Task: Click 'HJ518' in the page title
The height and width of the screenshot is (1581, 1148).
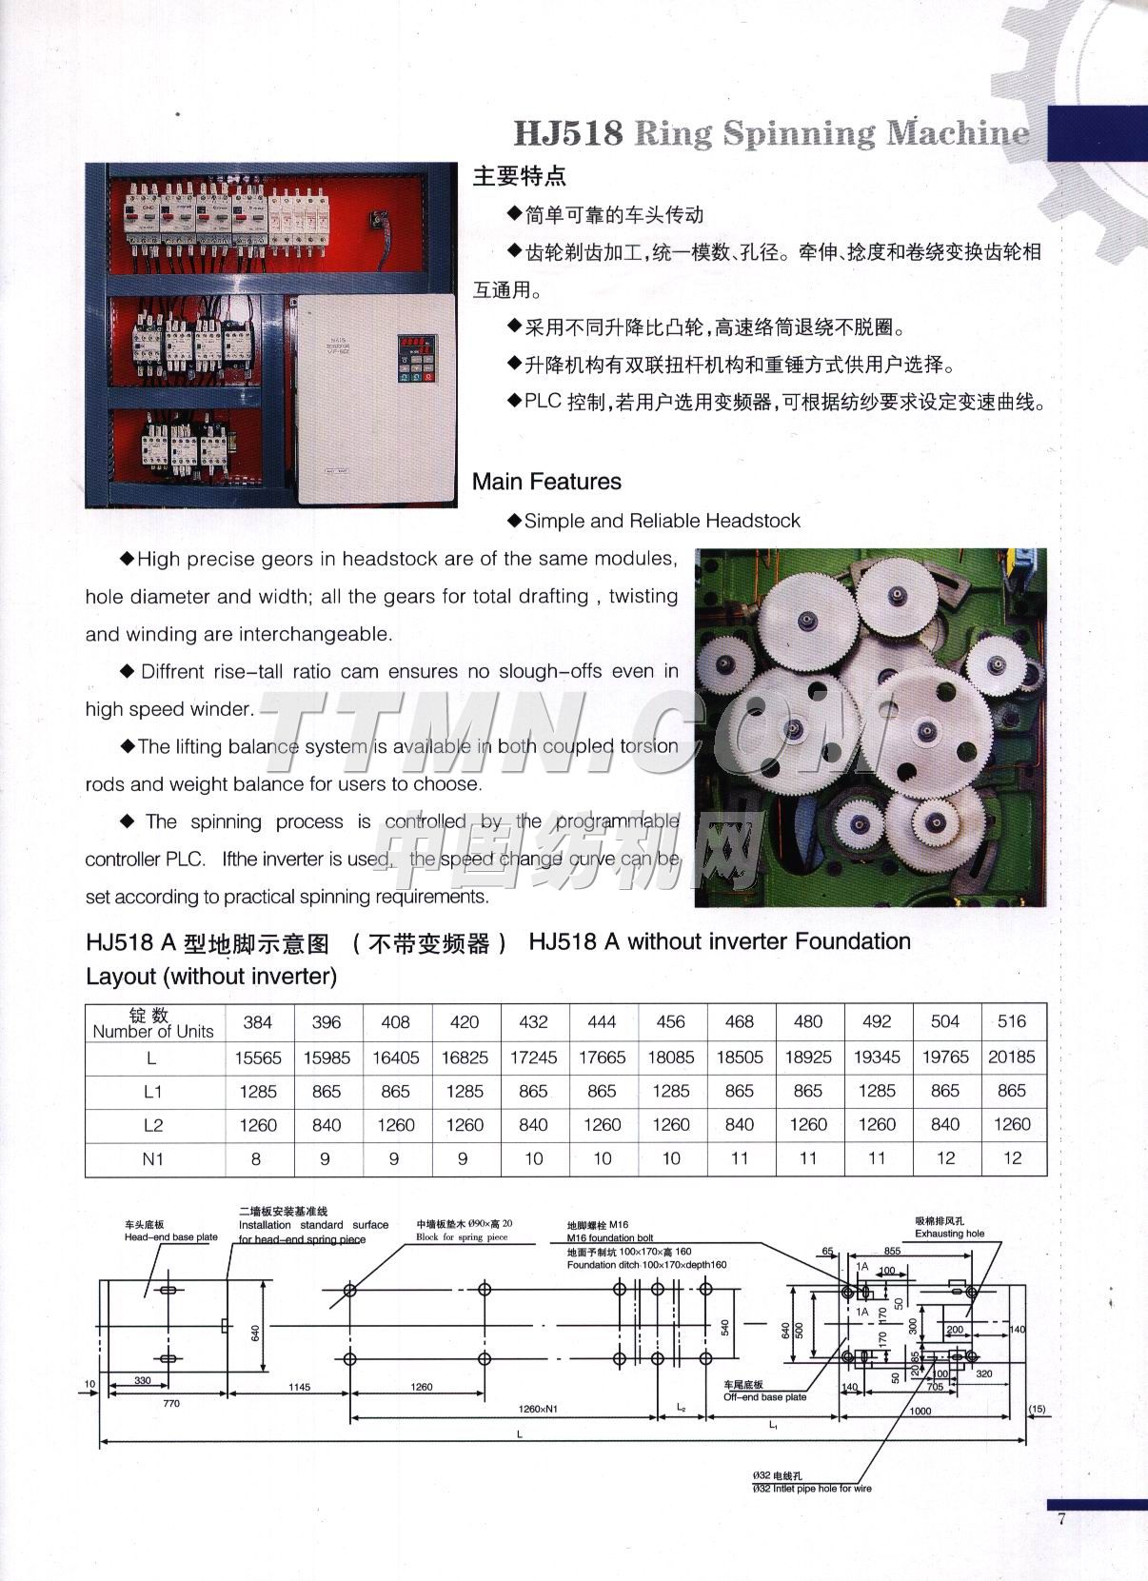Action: pos(568,132)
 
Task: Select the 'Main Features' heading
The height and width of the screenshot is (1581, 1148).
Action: pos(546,482)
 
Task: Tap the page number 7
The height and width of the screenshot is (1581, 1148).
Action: pos(1061,1519)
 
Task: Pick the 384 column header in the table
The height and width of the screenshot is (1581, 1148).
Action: pos(258,1022)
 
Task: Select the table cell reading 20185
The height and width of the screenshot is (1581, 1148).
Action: pos(1012,1057)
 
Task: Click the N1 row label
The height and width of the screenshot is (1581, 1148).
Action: pos(153,1159)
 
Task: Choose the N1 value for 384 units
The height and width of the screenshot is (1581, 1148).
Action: pos(258,1159)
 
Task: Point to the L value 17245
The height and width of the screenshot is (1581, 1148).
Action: pos(533,1057)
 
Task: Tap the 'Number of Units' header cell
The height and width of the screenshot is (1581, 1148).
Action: pos(153,1023)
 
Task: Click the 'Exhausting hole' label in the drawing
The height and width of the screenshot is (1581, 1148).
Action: pos(949,1234)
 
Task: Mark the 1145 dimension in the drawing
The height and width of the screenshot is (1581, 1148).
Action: pos(299,1388)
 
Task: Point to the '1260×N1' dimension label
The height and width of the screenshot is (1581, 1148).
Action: pos(538,1409)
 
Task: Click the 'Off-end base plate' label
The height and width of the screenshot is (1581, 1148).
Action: pos(764,1397)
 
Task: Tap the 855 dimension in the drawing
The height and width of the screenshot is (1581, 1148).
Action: pos(892,1252)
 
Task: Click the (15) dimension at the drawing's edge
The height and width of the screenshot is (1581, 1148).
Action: pos(1037,1409)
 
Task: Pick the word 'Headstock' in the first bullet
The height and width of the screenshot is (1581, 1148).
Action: pos(758,521)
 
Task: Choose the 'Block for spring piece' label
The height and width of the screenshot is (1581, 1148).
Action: pos(462,1237)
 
